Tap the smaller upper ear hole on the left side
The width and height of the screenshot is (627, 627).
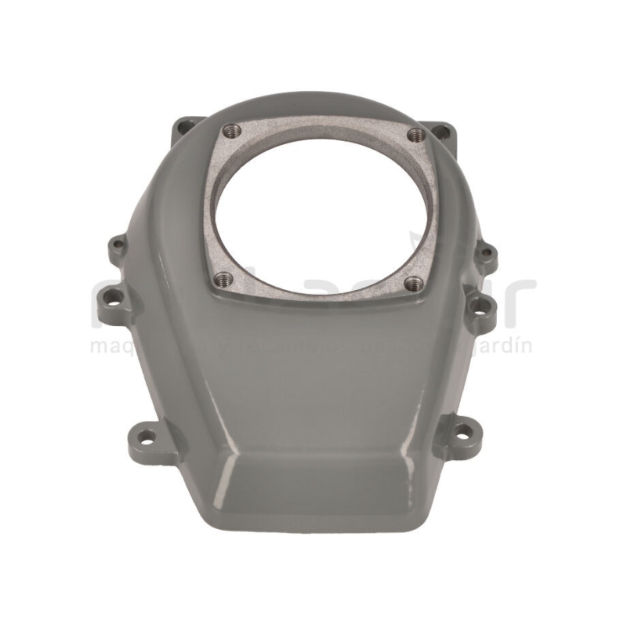[118, 245]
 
